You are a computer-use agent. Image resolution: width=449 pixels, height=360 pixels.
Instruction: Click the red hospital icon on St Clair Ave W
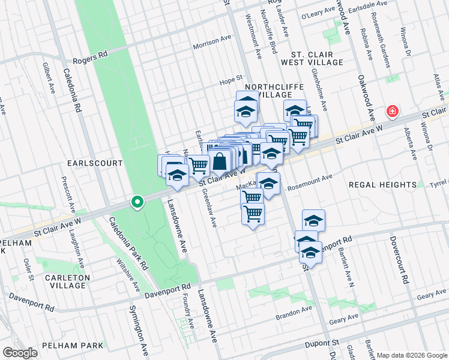(x=393, y=111)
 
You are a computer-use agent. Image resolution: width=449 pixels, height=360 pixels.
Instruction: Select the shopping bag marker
(x=220, y=160)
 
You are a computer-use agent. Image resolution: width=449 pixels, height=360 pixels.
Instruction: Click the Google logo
(x=20, y=353)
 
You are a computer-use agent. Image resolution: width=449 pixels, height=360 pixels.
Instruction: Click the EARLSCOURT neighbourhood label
(x=95, y=163)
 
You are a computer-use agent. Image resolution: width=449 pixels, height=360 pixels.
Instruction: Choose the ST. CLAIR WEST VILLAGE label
(x=316, y=58)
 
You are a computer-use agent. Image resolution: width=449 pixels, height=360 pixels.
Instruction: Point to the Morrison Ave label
(x=212, y=46)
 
